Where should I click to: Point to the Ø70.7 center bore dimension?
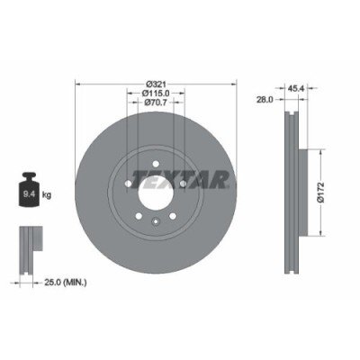click(155, 103)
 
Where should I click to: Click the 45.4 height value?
click(293, 87)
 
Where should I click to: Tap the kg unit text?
click(48, 193)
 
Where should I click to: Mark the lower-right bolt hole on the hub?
click(171, 215)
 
